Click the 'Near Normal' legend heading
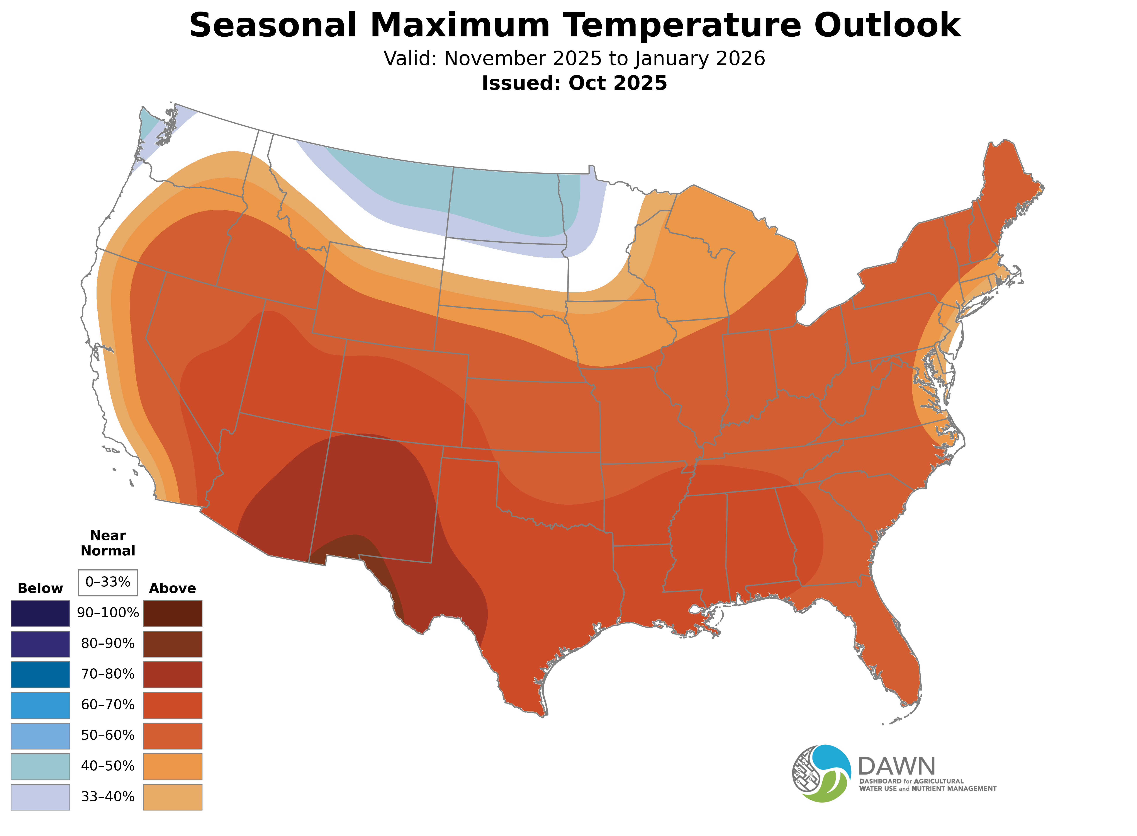108,543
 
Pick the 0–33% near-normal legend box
108,582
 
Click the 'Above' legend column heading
173,589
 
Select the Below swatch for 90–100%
41,613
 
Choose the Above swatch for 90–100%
173,613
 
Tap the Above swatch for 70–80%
173,674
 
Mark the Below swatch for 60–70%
41,705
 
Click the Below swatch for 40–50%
41,767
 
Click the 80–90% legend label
108,644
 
